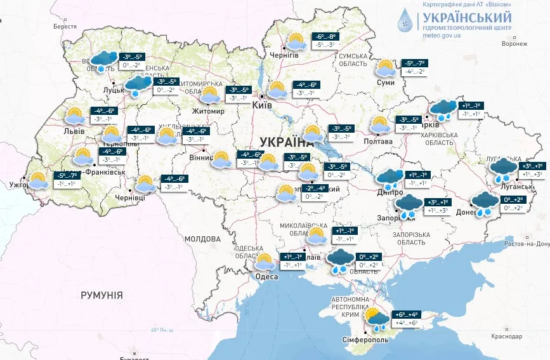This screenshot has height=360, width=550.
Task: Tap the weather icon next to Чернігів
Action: point(295,42)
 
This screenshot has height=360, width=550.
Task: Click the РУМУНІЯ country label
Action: point(101,295)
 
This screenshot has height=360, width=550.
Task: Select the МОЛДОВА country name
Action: point(202,239)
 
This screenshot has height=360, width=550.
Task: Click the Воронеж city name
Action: point(514,44)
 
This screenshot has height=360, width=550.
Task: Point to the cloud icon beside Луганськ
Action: point(504,168)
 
